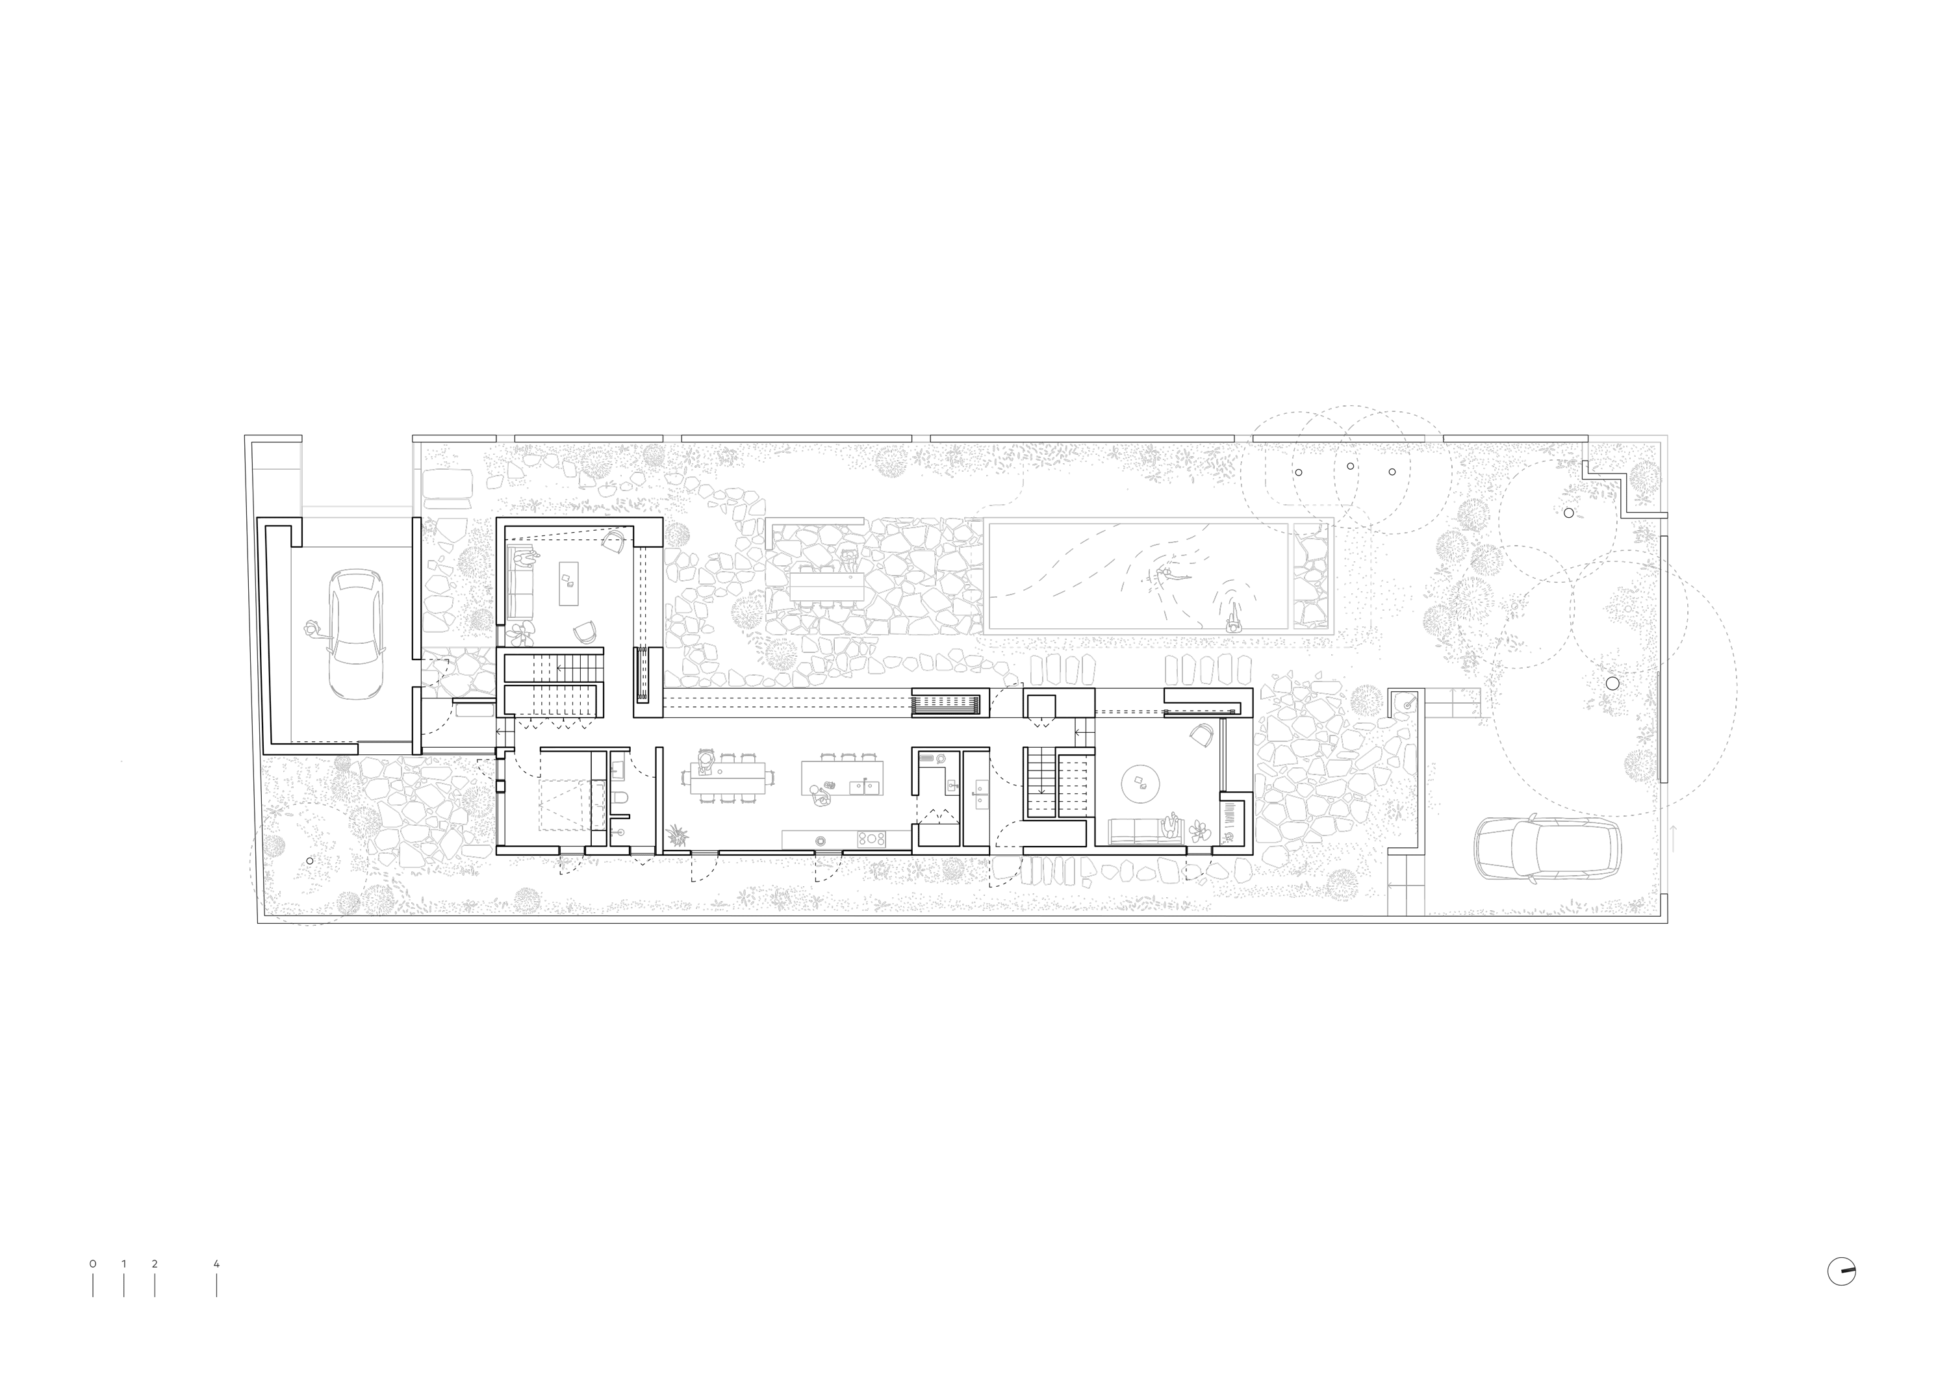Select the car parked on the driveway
point(1547,850)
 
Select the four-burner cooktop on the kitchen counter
point(872,839)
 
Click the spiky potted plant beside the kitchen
point(676,835)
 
